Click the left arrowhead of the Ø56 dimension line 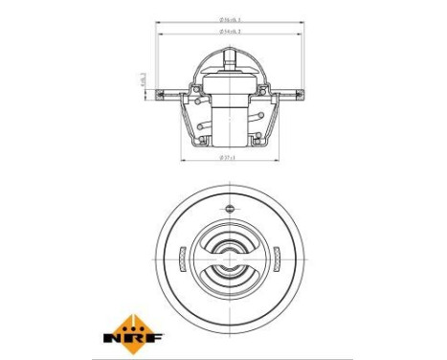pos(157,23)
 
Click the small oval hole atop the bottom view pos(229,207)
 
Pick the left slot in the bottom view pos(182,258)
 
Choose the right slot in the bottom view pos(275,258)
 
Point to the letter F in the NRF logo pos(155,337)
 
